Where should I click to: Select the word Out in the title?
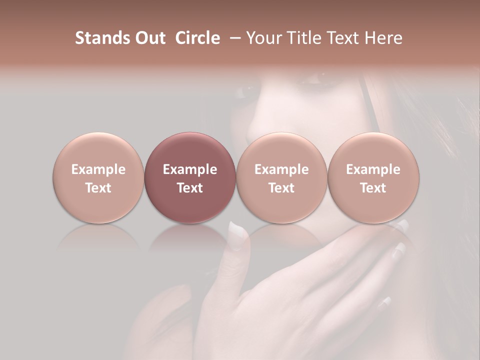(148, 38)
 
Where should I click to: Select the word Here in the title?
(383, 38)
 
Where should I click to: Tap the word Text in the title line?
(346, 38)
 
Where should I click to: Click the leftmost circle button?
(98, 177)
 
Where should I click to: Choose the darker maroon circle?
(190, 177)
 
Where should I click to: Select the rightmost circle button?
(373, 177)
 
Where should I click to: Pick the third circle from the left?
(281, 177)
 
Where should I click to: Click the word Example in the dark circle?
(190, 169)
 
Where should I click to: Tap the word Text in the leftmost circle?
(98, 188)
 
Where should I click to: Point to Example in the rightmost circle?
(373, 169)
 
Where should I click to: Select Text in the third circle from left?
(281, 188)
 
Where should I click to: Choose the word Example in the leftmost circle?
(98, 169)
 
